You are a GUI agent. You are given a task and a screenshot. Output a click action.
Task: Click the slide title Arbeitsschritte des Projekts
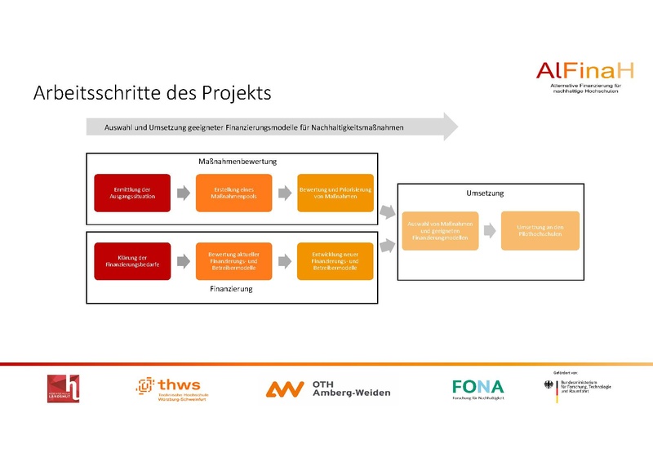coord(152,93)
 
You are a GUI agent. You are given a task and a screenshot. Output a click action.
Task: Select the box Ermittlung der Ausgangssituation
coord(132,193)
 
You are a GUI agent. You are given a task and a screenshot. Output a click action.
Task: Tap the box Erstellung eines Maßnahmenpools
coord(233,193)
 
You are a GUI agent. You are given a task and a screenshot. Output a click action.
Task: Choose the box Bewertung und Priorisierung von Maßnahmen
coord(335,193)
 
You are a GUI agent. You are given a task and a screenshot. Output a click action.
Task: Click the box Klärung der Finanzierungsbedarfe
coord(132,261)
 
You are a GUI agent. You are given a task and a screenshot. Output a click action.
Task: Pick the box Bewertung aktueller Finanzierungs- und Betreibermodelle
coord(233,261)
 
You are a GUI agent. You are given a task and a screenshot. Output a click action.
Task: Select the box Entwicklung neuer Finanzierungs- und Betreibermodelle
coord(335,261)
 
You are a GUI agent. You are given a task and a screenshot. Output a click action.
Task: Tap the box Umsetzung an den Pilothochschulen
coord(540,230)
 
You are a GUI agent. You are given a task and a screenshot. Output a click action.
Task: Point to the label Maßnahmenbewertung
coord(238,161)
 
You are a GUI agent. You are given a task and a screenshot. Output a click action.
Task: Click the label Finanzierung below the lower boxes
coord(232,289)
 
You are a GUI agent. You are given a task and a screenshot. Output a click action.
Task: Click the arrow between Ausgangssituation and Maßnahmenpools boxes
coord(183,193)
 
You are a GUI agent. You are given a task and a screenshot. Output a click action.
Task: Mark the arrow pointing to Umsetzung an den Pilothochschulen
coord(488,230)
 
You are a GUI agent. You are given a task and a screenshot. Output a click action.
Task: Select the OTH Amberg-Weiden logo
coord(328,389)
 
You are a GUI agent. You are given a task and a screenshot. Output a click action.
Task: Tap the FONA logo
coord(478,389)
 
